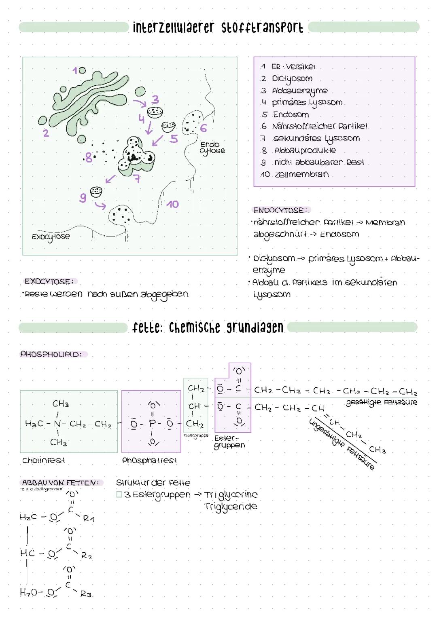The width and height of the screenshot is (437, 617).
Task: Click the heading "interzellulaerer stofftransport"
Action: coord(218,27)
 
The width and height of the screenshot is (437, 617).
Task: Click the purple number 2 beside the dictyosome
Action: coord(46,133)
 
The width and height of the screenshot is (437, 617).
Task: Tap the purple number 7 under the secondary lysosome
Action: coord(137,178)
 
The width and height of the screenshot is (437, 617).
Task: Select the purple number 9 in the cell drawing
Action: coord(83,198)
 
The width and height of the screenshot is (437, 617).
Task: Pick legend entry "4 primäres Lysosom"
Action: coord(302,102)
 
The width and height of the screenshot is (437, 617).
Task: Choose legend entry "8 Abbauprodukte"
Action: coord(299,150)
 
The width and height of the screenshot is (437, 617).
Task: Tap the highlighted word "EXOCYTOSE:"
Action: coord(49,281)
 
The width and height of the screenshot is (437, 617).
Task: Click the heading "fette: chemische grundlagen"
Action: coord(208,328)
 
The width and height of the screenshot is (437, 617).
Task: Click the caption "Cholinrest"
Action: coord(44,460)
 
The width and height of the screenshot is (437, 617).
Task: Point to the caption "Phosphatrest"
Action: coord(149,461)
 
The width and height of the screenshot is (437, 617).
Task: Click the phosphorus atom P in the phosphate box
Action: coord(153,423)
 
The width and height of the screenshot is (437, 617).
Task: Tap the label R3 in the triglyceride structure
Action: coord(86,594)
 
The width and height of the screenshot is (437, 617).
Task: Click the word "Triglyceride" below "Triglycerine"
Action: coord(231,507)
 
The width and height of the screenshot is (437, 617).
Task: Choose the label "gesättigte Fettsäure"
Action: coord(381,402)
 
